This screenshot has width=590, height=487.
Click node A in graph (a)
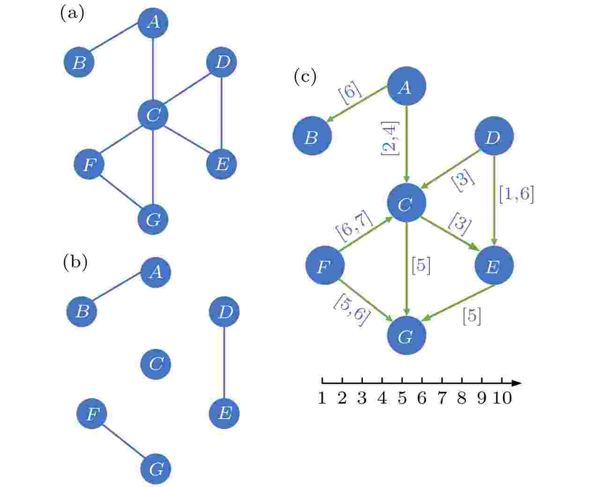tap(153, 22)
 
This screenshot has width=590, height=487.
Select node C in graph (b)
tap(155, 364)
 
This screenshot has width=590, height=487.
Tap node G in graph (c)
tap(406, 335)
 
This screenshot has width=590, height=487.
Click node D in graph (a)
tap(221, 62)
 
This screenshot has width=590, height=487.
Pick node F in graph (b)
tap(92, 413)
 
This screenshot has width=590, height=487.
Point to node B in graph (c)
tap(312, 136)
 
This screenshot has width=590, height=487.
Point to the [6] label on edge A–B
tap(350, 92)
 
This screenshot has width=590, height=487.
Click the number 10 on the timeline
tap(502, 398)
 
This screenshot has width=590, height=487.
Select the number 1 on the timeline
tap(322, 398)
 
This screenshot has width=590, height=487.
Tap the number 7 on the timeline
tap(442, 398)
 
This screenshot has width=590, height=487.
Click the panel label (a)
tap(72, 13)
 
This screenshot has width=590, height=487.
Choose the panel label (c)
tap(305, 76)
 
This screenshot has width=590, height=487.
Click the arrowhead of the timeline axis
tap(516, 383)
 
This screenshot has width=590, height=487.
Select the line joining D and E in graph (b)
tap(224, 362)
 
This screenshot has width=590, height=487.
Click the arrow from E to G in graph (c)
tap(458, 303)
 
